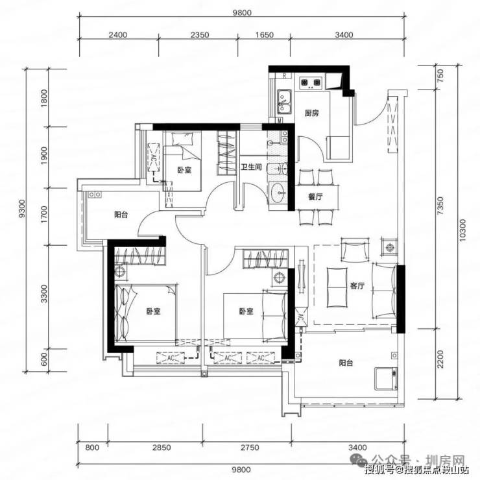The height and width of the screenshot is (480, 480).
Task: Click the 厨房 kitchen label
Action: (311, 114)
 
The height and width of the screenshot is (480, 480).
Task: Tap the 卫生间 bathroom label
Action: (251, 167)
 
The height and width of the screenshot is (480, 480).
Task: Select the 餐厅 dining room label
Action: (315, 197)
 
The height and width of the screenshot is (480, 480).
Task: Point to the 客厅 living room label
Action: (357, 286)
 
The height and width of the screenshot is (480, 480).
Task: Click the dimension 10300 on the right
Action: (462, 230)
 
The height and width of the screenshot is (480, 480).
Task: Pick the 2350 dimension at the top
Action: (200, 35)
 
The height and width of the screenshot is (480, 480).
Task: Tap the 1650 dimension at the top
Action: (265, 35)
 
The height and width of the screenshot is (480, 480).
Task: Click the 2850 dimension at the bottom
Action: (162, 448)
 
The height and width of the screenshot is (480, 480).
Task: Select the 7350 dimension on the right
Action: (440, 206)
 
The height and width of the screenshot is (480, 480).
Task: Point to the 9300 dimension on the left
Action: (21, 209)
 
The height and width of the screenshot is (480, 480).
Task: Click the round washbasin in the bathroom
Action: (278, 193)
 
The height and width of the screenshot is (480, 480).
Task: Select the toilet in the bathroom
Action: (277, 168)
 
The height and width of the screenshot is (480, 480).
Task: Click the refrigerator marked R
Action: (285, 76)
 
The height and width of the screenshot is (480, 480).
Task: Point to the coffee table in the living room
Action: (337, 287)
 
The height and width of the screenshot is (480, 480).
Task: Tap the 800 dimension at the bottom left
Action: (92, 448)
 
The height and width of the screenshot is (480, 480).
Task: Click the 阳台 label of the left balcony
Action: (121, 215)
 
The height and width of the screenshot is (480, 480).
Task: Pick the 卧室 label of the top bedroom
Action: (184, 170)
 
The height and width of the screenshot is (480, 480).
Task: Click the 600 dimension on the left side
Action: (43, 359)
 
